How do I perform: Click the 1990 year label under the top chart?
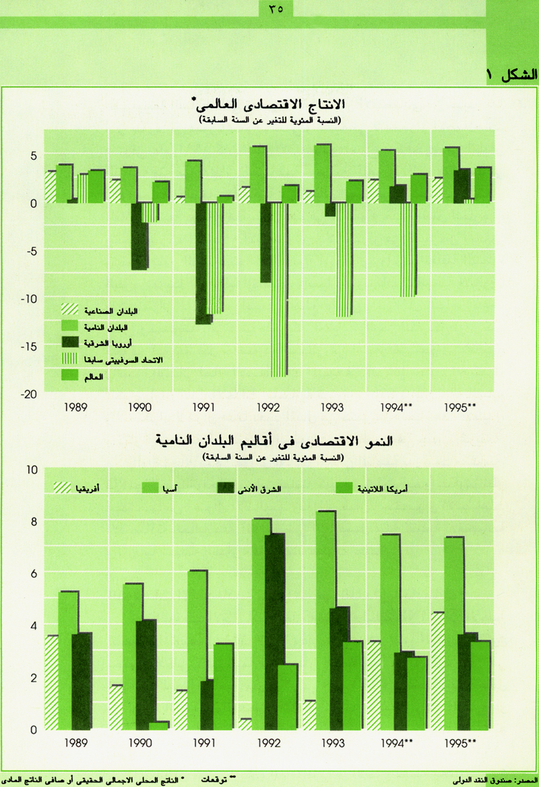coord(141,407)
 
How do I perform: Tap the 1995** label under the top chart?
coord(462,407)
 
